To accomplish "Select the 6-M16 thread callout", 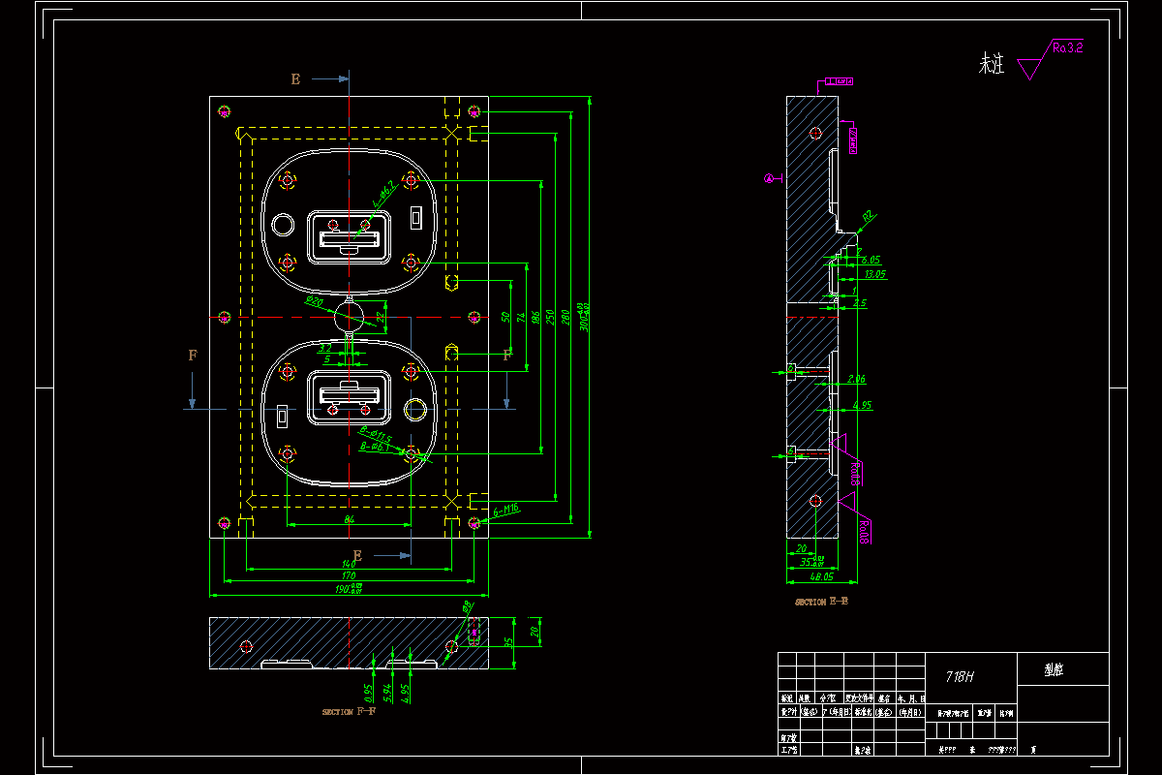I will click(506, 508).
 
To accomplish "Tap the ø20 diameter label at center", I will click(314, 301).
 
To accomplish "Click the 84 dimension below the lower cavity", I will click(349, 520).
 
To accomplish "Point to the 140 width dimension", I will click(349, 564).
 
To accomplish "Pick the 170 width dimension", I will click(349, 575).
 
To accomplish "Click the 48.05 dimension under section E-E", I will click(822, 576).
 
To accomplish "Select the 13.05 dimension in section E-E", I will click(875, 275).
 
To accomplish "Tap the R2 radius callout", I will click(868, 216).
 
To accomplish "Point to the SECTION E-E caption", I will click(822, 602).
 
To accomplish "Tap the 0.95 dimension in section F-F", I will click(368, 692).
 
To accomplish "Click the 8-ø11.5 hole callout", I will click(375, 438).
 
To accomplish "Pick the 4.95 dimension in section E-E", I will click(862, 404).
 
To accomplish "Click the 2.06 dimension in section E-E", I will click(856, 379).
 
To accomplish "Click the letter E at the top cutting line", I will click(296, 79).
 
